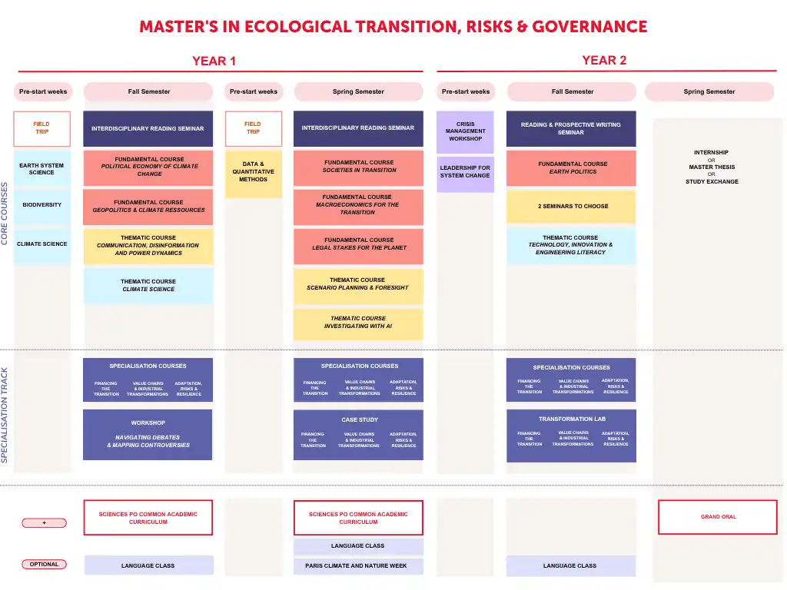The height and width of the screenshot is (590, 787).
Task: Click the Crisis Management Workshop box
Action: pos(465,132)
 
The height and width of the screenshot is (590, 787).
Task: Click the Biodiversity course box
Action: pos(42,205)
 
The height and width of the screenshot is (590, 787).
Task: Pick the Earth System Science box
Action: pos(42,168)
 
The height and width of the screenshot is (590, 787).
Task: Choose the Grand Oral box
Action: pos(718,517)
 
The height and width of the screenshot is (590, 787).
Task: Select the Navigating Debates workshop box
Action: pos(148,435)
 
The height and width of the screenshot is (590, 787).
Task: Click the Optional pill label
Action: pos(44,565)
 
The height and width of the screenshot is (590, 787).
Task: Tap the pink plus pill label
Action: pos(44,523)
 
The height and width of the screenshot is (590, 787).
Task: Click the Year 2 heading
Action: pos(604,60)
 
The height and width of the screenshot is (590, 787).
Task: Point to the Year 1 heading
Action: pos(214,61)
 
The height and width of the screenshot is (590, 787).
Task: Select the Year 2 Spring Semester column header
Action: pos(709,92)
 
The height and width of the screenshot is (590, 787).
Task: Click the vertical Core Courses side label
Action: pos(5,214)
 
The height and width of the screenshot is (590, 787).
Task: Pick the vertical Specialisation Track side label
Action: pos(5,415)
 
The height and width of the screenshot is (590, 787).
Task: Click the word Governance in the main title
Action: pos(589,27)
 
